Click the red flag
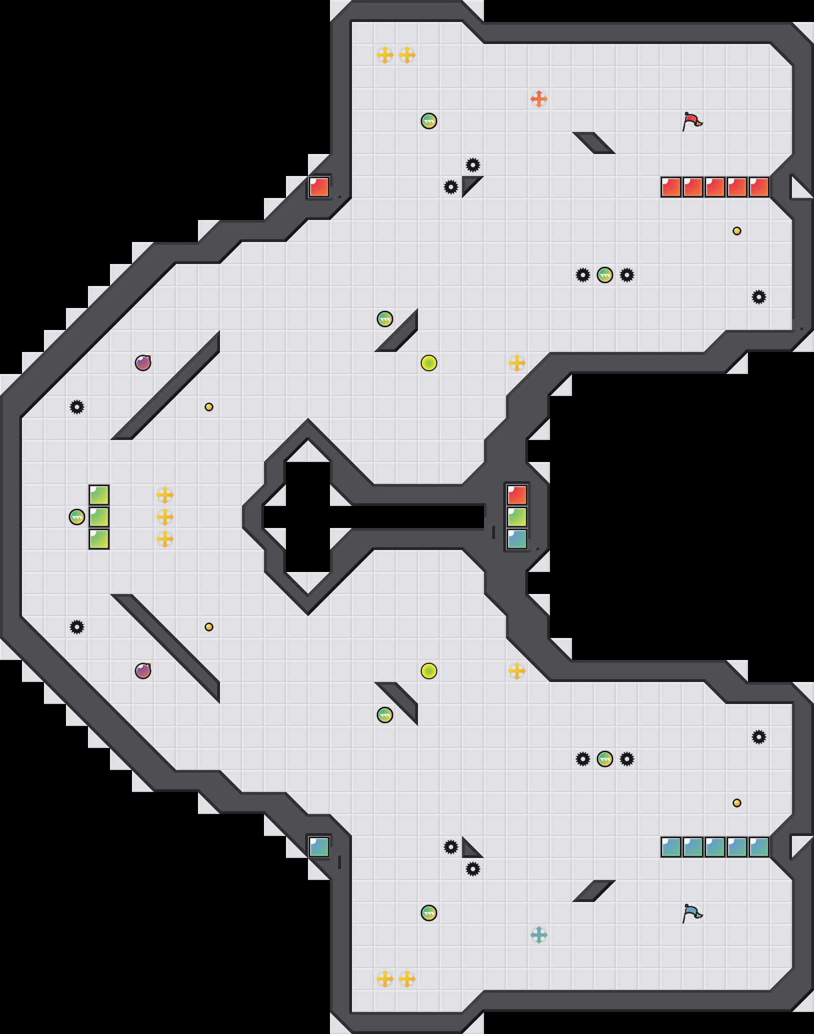(x=692, y=120)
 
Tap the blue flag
(x=692, y=913)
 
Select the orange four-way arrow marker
(x=539, y=99)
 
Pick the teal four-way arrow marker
(x=539, y=935)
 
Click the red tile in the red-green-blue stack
(x=517, y=495)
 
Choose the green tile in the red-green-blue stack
(x=517, y=517)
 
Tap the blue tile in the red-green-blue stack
(x=517, y=539)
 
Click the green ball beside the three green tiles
(x=77, y=517)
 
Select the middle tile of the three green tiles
(x=99, y=517)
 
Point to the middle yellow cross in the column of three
(x=165, y=517)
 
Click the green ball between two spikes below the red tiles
(x=605, y=275)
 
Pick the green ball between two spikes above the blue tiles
(x=605, y=759)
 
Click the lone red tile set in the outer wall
(x=319, y=187)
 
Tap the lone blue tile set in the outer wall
(x=319, y=847)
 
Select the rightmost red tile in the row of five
(x=759, y=187)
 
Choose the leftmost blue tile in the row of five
(x=671, y=847)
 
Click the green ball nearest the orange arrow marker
(x=429, y=121)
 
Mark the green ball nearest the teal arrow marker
(x=429, y=913)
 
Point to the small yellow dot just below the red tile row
(x=737, y=231)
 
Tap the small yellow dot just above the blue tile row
(x=737, y=803)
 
